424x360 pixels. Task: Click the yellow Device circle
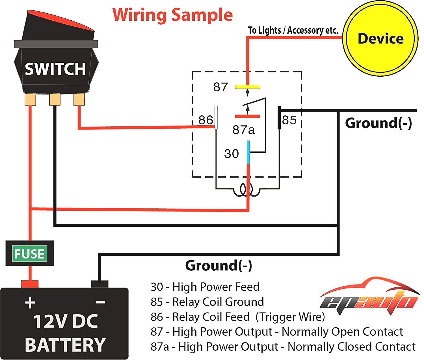380,38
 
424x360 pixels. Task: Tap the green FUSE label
29,253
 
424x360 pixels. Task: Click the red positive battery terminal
30,284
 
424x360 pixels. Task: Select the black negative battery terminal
99,284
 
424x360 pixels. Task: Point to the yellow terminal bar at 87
247,87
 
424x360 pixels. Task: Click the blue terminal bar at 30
248,152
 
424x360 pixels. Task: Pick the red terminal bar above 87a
247,116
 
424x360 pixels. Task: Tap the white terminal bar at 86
216,117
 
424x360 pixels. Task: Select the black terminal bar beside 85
279,118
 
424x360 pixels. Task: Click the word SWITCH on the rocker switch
55,69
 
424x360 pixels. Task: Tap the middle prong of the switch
55,100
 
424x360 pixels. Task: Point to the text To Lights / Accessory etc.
293,30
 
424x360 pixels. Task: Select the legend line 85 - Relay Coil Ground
207,302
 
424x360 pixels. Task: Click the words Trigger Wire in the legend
290,317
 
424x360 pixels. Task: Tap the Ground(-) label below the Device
378,123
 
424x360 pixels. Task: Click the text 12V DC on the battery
66,321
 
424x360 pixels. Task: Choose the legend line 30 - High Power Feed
205,287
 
